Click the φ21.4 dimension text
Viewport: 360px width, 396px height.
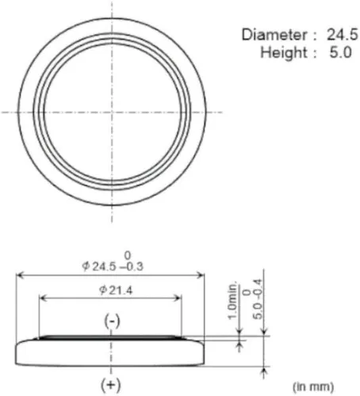(112, 291)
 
